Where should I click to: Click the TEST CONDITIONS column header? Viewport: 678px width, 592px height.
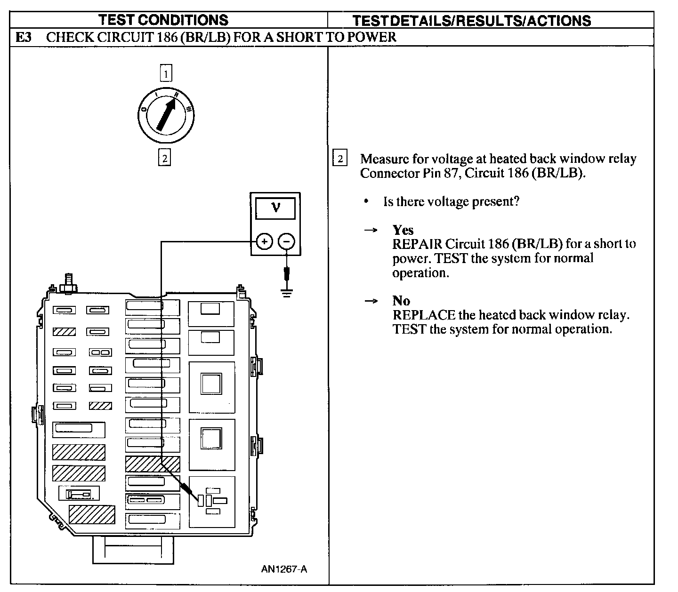click(x=163, y=20)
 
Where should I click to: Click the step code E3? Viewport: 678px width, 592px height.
click(x=23, y=37)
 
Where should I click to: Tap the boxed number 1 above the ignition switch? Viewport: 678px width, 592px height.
click(x=166, y=73)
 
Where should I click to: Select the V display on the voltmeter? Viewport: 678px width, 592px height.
click(x=275, y=208)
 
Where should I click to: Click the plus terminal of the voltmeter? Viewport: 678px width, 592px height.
click(x=264, y=241)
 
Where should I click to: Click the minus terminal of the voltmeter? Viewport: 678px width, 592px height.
click(x=287, y=241)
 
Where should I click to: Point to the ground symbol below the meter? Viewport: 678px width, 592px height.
click(x=287, y=293)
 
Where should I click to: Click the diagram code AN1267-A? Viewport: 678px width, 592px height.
click(x=284, y=569)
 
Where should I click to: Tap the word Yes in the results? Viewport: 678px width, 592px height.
click(x=403, y=230)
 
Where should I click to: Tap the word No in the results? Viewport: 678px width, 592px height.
click(x=401, y=301)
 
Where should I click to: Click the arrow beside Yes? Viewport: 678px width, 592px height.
click(x=371, y=230)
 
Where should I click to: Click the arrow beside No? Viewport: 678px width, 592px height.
click(x=371, y=301)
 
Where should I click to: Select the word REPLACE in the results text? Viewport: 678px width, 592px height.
click(x=424, y=315)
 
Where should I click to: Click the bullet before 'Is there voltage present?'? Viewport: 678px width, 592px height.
click(x=366, y=201)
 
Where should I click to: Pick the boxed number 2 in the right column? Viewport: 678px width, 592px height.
click(x=340, y=158)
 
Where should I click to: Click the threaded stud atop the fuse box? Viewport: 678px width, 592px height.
click(x=69, y=283)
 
